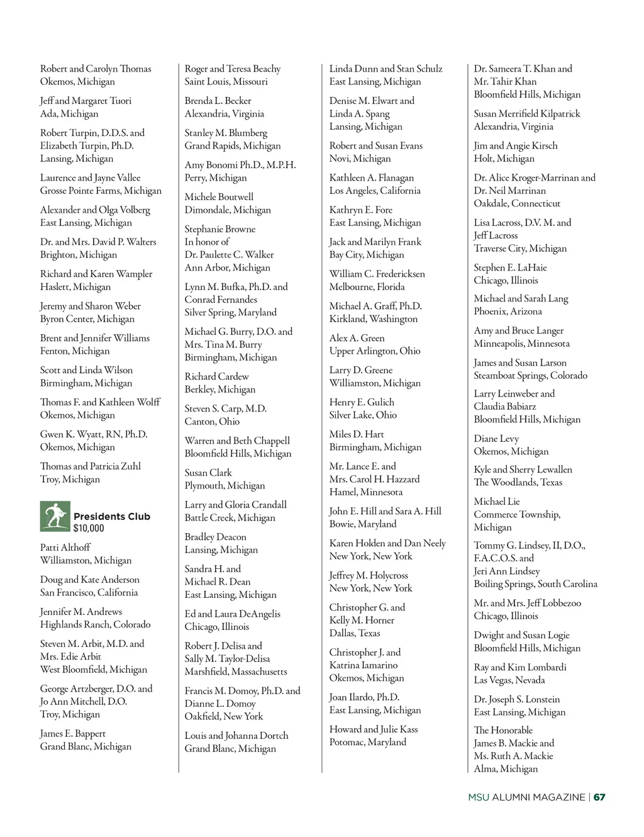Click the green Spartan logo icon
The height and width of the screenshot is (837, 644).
tap(55, 516)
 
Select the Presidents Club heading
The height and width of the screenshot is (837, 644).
tap(112, 517)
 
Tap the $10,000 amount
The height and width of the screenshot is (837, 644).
tap(89, 529)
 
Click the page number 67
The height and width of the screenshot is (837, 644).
tap(599, 797)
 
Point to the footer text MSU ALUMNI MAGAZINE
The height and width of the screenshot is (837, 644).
tap(526, 797)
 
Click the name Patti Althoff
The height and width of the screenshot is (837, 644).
tap(65, 548)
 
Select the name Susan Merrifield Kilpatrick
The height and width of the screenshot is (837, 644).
tap(527, 114)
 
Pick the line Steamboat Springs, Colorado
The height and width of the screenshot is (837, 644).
tap(531, 376)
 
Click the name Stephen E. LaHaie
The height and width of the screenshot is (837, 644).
tap(511, 267)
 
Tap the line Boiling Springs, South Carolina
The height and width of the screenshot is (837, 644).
tap(536, 584)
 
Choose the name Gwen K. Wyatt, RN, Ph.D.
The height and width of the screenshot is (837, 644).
tap(94, 434)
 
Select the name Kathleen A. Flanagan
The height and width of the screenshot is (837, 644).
tap(372, 178)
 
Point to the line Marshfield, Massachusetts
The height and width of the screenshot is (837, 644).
tap(236, 671)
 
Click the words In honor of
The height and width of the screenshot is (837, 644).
tap(207, 242)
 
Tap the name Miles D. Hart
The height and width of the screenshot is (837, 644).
tap(357, 434)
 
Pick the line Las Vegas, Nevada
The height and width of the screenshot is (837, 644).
tap(509, 680)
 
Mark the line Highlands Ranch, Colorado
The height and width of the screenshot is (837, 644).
tap(96, 625)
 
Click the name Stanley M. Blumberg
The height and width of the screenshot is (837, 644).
tap(226, 133)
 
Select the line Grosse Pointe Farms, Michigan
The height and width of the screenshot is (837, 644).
tap(101, 191)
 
